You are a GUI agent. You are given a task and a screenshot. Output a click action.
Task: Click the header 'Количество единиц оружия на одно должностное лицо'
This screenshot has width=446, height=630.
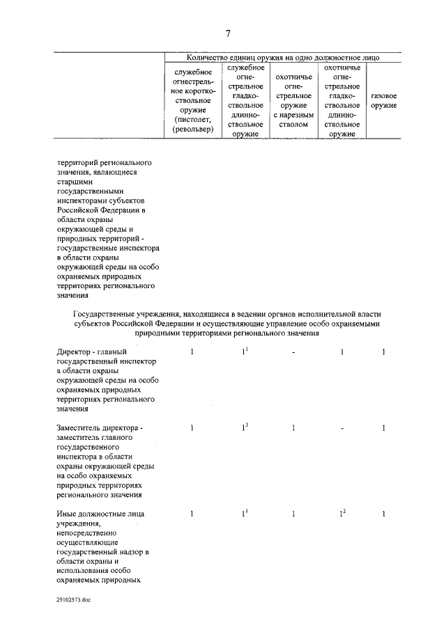pos(283,57)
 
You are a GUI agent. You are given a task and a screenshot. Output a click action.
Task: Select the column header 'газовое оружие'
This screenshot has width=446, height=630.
pos(383,100)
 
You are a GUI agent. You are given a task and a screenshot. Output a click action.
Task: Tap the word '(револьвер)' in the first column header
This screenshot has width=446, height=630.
pos(192,129)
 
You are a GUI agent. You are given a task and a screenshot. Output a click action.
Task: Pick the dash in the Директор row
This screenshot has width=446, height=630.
pos(293,353)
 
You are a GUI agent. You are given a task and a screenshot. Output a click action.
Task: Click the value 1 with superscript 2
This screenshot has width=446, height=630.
pos(342,514)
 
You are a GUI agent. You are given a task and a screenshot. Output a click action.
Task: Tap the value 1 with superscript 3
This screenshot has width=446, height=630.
pos(244,427)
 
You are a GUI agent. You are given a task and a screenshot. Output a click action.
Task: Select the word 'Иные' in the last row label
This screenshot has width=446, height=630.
pos(67,514)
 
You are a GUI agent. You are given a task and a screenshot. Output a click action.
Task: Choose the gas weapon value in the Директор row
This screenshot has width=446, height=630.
pos(384,353)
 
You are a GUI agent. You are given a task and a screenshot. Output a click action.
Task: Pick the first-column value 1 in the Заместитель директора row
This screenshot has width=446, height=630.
pos(192,427)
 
